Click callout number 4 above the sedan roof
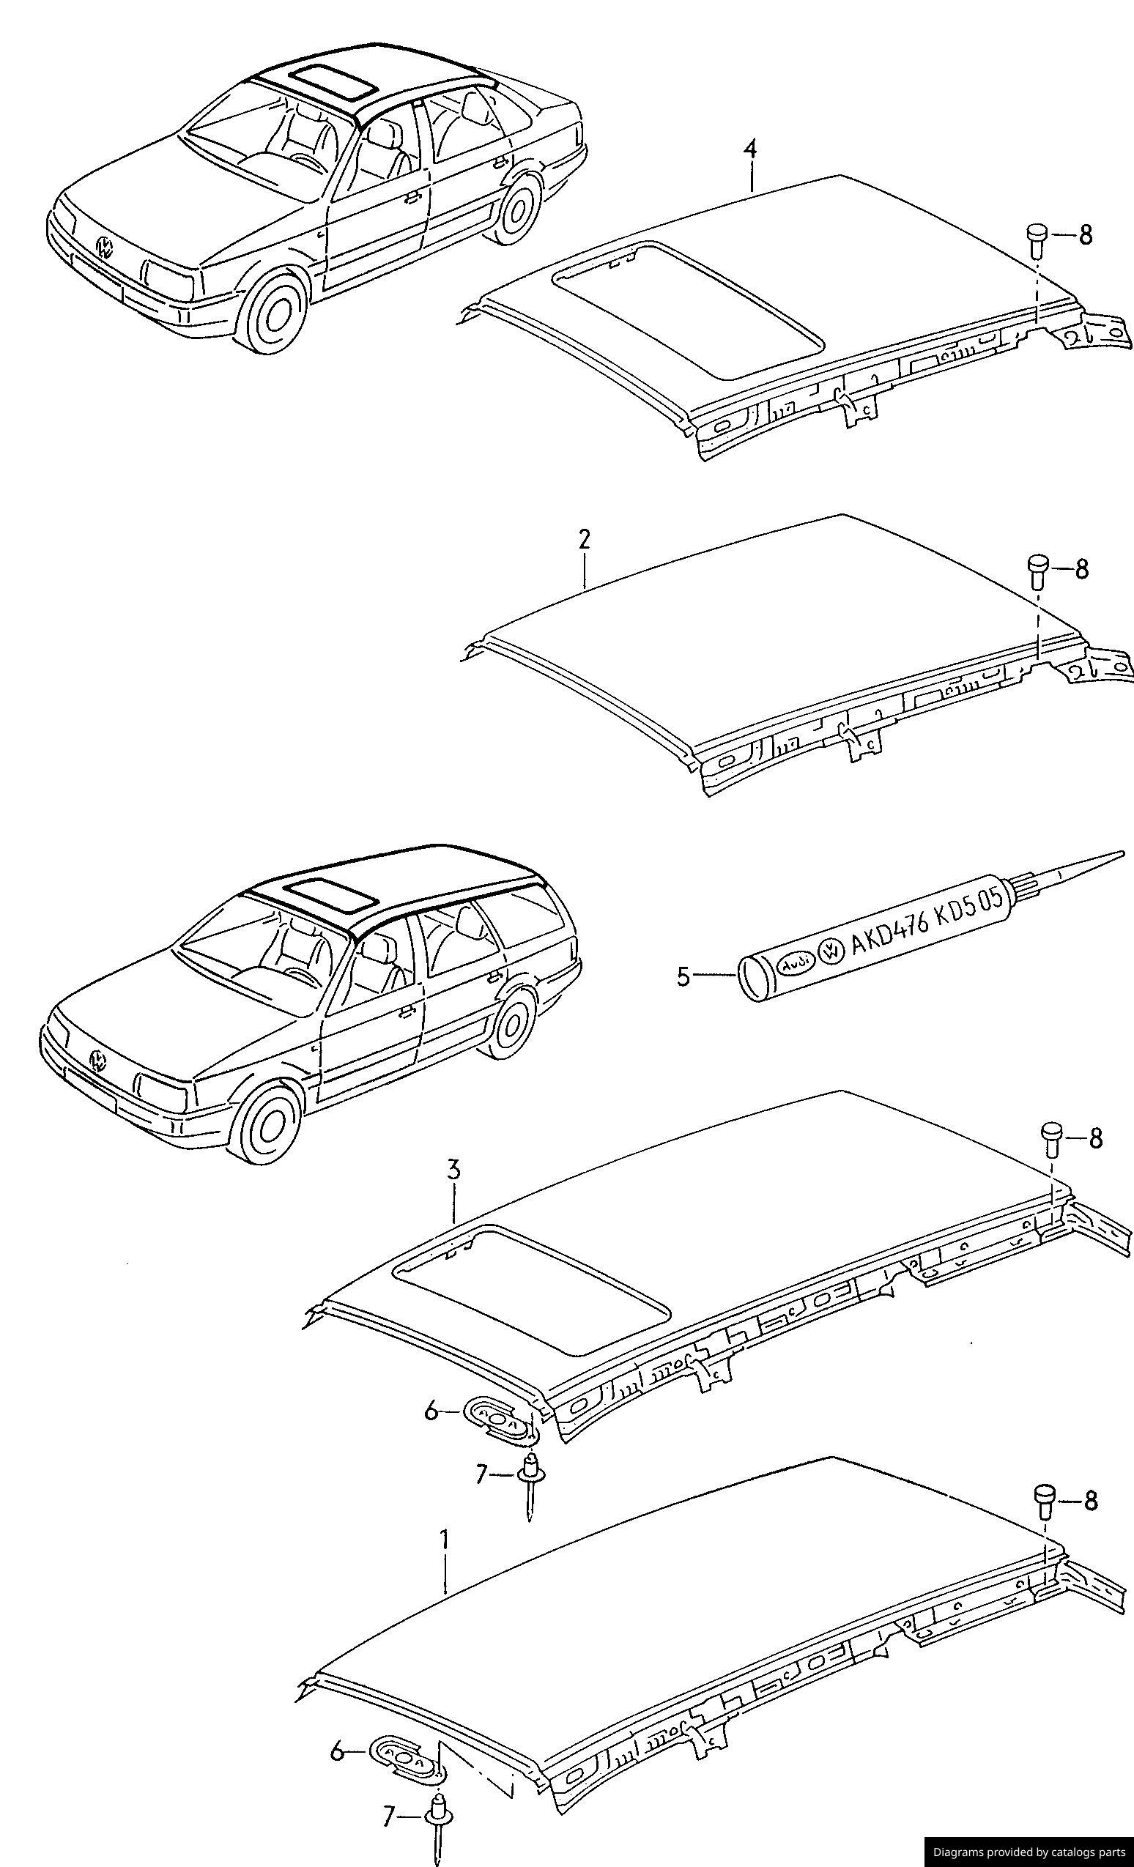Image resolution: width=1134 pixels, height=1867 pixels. [749, 149]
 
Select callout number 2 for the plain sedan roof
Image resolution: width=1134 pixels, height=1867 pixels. [584, 540]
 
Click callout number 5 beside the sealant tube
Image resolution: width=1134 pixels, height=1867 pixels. [683, 976]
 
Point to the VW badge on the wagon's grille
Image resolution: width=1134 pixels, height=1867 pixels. [97, 1058]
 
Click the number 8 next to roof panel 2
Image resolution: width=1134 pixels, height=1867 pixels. [1081, 568]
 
